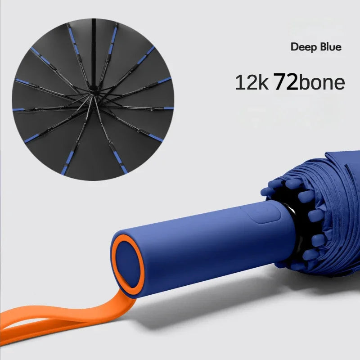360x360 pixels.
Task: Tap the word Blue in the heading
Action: [x=330, y=47]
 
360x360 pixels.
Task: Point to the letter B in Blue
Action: [x=321, y=47]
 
